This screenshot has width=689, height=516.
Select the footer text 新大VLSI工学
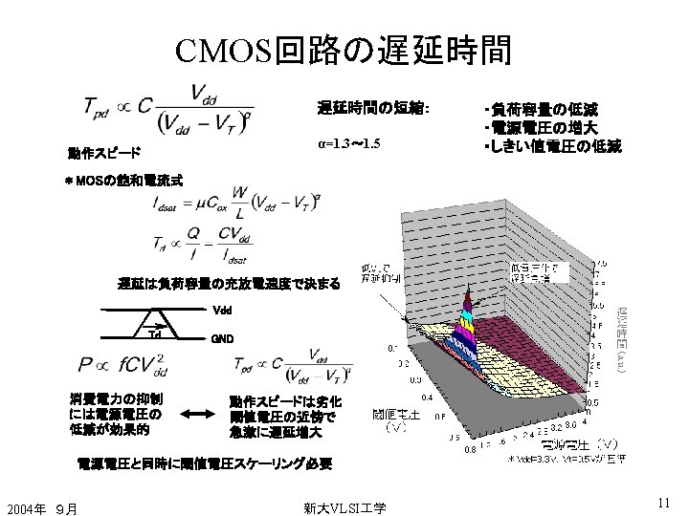[344, 507]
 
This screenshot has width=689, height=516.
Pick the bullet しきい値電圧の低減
[553, 146]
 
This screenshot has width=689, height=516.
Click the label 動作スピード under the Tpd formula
[103, 153]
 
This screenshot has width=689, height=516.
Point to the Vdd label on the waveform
[222, 310]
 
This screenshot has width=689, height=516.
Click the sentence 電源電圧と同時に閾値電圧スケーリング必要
[205, 464]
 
